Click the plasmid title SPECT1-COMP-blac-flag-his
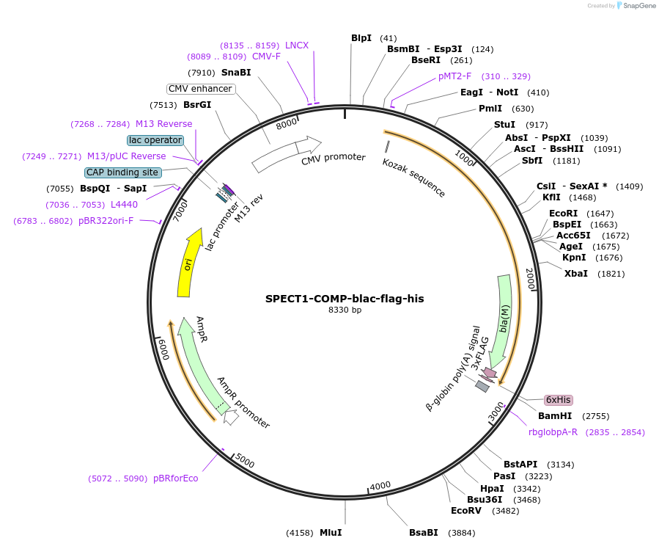(345, 299)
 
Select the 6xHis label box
(558, 400)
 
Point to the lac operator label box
(155, 140)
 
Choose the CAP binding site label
(122, 172)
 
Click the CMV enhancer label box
(200, 89)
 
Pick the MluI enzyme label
(331, 532)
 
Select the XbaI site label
(576, 274)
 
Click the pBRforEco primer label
(175, 478)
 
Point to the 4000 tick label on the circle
(380, 486)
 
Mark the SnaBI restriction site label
(236, 73)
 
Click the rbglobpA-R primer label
(553, 432)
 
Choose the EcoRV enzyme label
(465, 511)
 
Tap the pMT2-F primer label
(455, 76)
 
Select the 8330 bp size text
(345, 310)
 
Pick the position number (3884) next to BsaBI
(461, 533)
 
